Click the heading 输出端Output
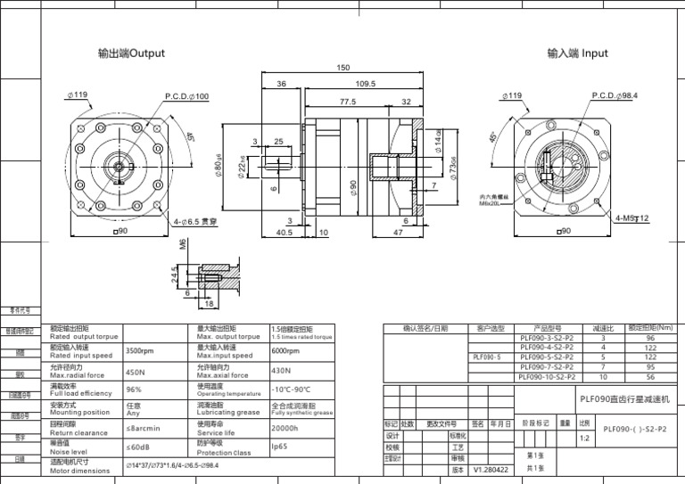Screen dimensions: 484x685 click(131, 53)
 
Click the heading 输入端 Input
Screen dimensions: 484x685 click(577, 53)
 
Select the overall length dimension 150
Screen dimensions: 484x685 click(342, 69)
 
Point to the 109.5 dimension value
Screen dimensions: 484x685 click(366, 85)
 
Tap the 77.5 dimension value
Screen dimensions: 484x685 click(347, 102)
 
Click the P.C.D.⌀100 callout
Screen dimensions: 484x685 click(186, 96)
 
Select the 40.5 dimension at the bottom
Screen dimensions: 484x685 click(285, 233)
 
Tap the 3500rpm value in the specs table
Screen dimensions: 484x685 click(140, 351)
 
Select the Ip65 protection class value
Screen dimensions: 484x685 click(279, 447)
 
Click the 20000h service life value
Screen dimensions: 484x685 click(285, 428)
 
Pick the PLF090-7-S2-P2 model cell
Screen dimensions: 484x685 click(546, 366)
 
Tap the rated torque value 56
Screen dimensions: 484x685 click(650, 377)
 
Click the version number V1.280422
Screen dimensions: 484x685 click(491, 469)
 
